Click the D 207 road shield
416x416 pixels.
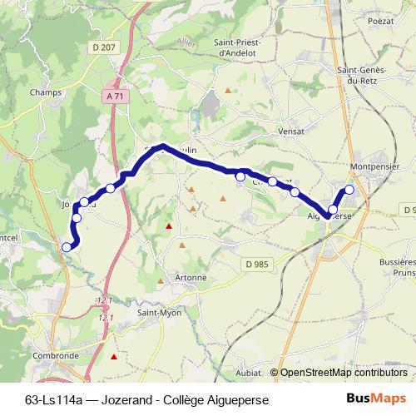pos(104,47)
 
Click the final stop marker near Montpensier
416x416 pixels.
pos(349,190)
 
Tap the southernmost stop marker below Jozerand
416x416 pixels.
pos(67,246)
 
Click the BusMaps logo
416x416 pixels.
pos(376,399)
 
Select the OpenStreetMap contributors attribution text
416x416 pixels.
pos(343,373)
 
